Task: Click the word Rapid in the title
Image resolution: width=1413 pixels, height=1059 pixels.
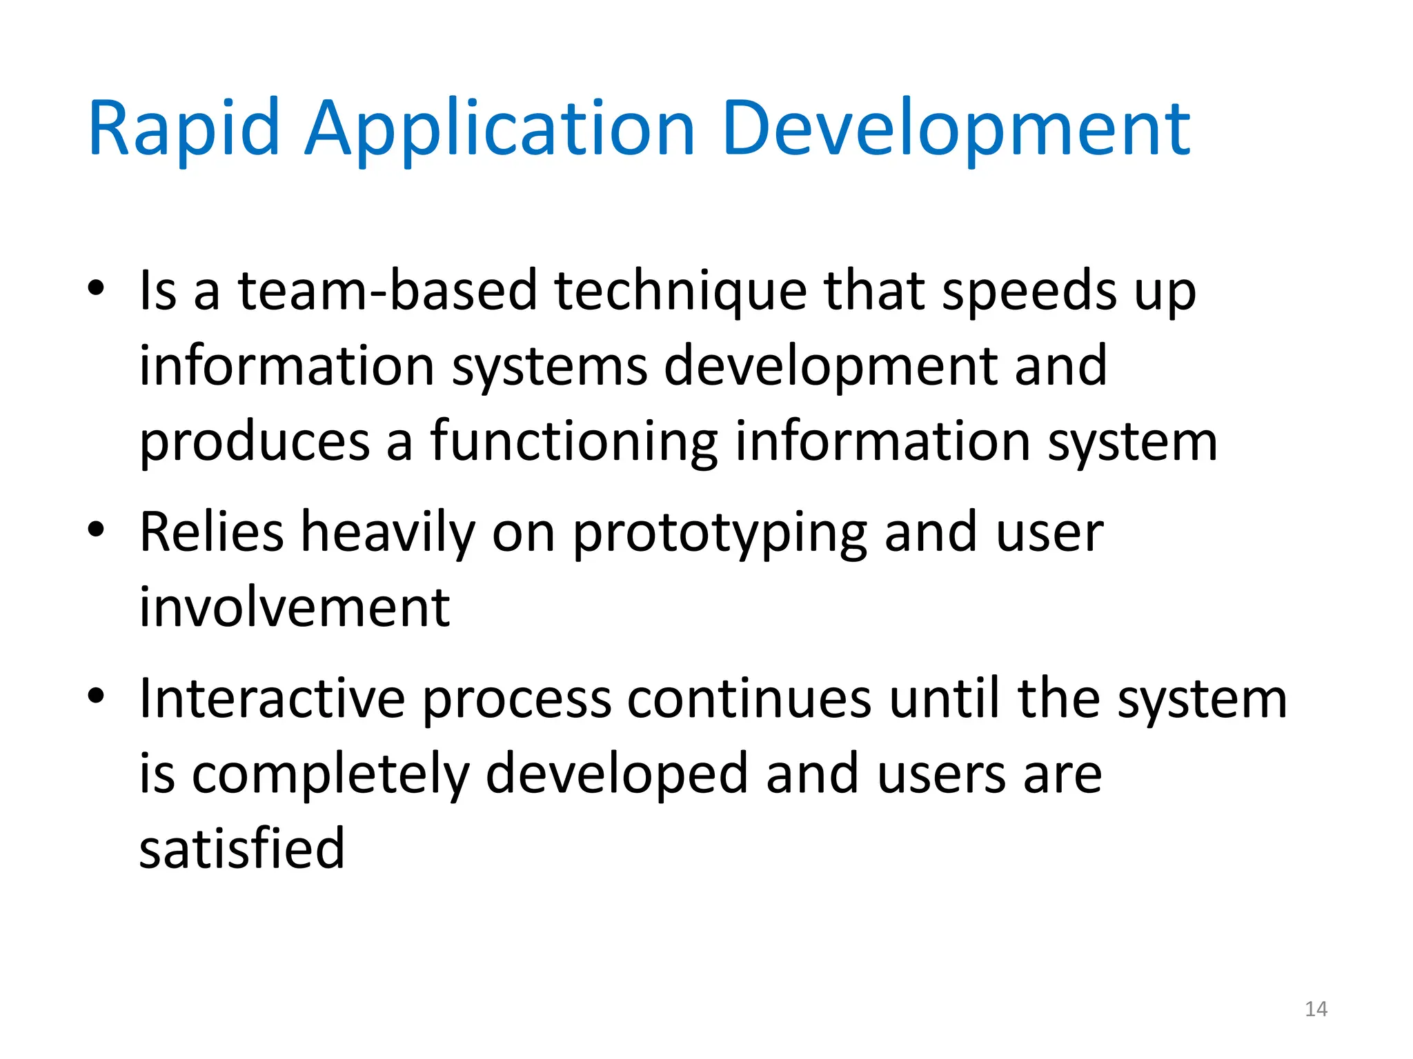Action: click(184, 130)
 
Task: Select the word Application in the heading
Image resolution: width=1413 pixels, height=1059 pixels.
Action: click(500, 130)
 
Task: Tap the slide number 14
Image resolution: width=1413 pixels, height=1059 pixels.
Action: click(1316, 1009)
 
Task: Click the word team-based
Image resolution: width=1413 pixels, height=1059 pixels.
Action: click(387, 291)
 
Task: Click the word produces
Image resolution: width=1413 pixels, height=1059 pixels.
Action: click(255, 441)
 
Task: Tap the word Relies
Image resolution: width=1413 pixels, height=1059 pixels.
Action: click(212, 532)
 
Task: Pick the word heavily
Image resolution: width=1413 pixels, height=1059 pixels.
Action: click(388, 532)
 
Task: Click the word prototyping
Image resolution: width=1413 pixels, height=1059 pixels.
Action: click(720, 532)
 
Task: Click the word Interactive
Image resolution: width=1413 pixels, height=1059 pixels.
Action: click(272, 699)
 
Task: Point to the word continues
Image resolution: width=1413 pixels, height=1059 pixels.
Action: click(749, 699)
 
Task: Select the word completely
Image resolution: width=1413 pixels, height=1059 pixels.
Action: click(330, 774)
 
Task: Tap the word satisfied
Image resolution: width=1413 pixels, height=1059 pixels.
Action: click(241, 848)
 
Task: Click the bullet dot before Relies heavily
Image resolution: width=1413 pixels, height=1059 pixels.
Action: click(96, 529)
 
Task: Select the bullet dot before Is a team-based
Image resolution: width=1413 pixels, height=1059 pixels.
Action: click(96, 288)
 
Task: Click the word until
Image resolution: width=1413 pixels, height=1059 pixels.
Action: click(945, 699)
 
